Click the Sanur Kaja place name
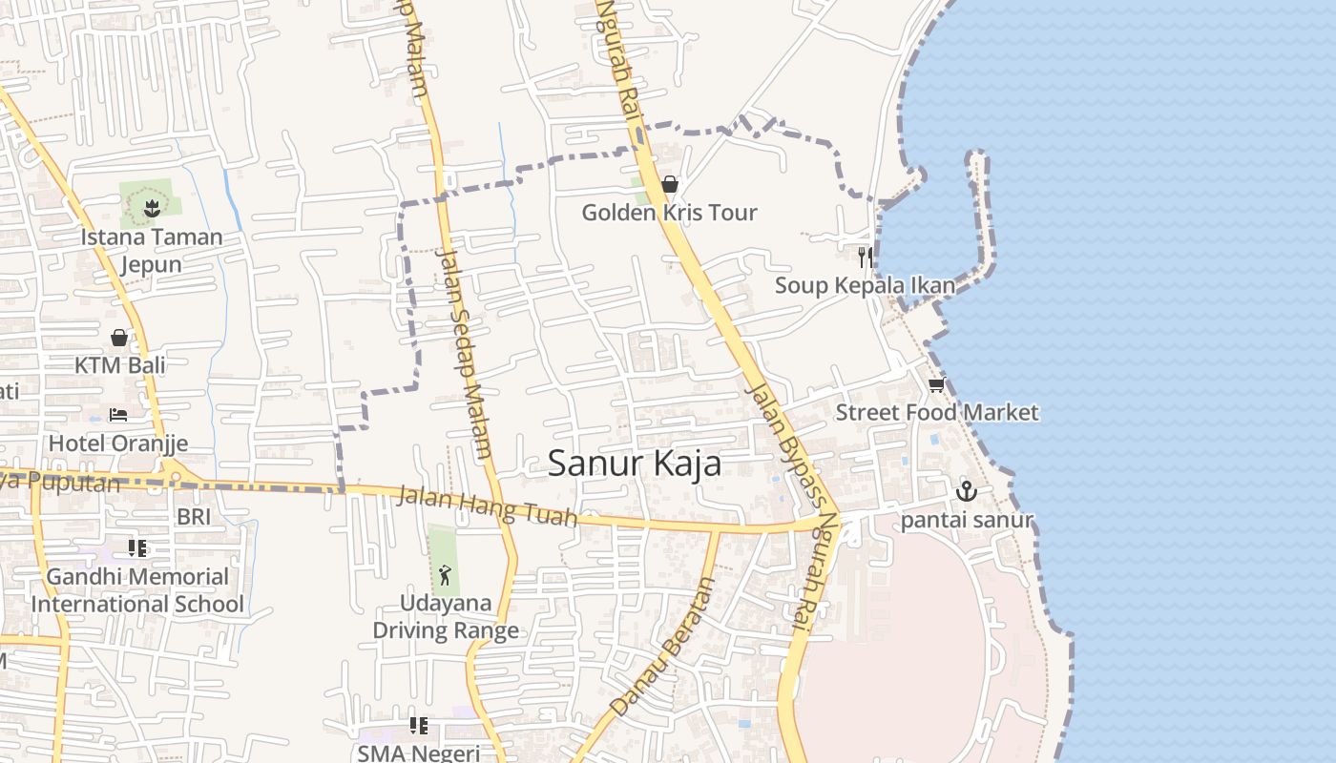click(635, 464)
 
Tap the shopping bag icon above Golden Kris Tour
click(670, 184)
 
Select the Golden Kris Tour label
click(669, 213)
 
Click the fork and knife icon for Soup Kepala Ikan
click(865, 257)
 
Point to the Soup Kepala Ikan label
click(865, 285)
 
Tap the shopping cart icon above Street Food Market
click(936, 385)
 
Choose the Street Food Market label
click(936, 413)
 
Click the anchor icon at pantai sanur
click(967, 491)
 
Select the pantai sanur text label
click(967, 521)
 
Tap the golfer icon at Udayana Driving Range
click(444, 575)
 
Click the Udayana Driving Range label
click(446, 617)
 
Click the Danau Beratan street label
click(662, 647)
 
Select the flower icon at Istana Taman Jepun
click(151, 206)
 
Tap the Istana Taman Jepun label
click(151, 250)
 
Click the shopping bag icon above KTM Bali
click(119, 338)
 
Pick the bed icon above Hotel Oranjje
click(118, 415)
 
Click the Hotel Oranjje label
click(118, 443)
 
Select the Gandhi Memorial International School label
click(137, 590)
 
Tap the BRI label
click(194, 517)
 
